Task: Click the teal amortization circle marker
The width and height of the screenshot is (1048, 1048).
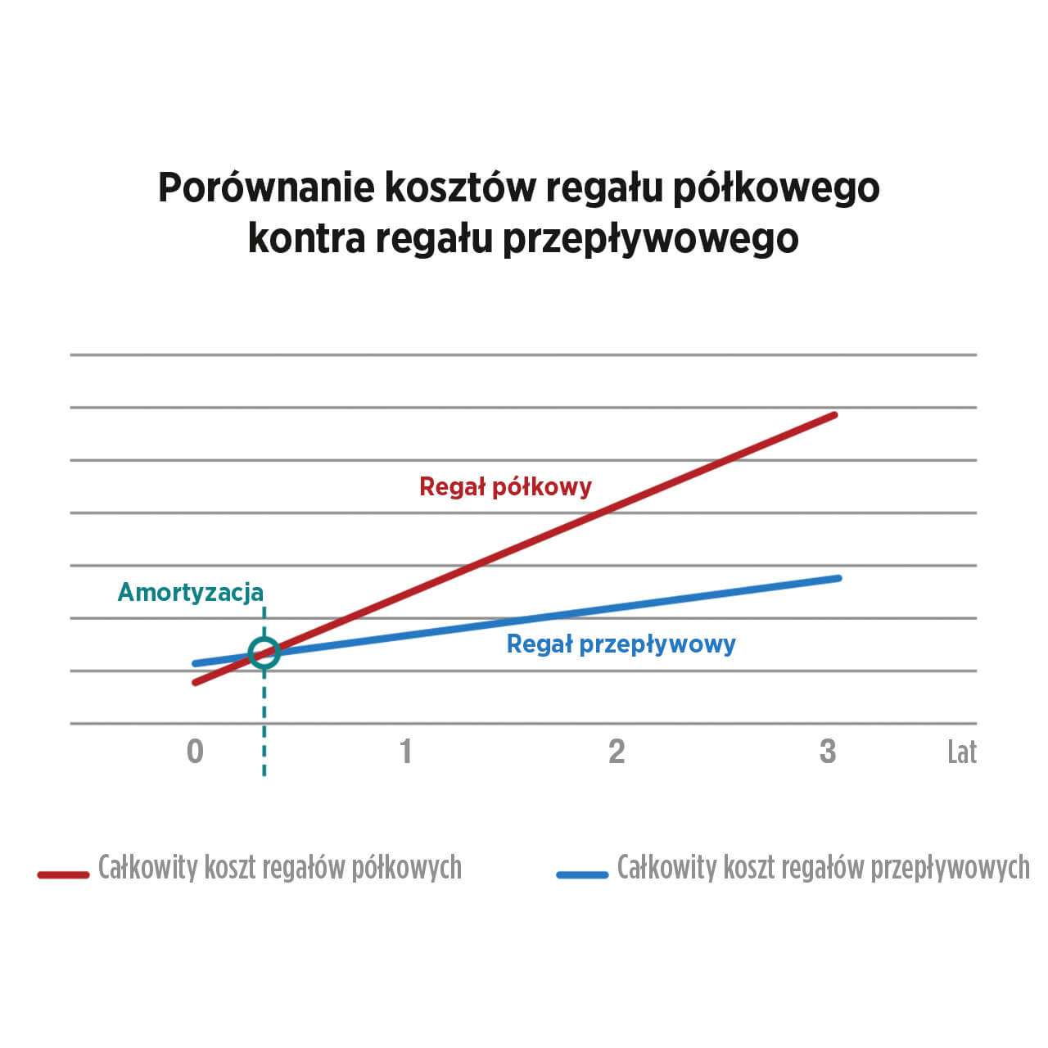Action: tap(264, 653)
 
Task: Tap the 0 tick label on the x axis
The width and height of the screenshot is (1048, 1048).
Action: tap(195, 751)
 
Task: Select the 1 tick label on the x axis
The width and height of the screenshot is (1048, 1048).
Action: tap(405, 751)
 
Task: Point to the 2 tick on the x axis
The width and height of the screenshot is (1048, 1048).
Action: tap(617, 751)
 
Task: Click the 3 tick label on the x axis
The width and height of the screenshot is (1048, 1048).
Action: tap(828, 751)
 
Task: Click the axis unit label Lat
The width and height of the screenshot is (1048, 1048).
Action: tap(961, 752)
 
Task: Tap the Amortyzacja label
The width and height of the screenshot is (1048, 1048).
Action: tap(191, 592)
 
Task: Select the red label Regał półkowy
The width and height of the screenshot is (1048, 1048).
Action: tap(505, 487)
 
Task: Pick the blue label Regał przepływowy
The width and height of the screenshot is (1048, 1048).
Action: tap(621, 644)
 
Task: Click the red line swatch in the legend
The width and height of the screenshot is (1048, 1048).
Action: tap(63, 874)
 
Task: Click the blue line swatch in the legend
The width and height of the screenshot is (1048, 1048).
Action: tap(582, 874)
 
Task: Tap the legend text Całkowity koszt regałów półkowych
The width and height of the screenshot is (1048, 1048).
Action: tap(279, 868)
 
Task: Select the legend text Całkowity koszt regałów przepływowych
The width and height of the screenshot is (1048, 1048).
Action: tap(823, 868)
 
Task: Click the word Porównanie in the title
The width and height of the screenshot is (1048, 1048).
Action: tap(265, 188)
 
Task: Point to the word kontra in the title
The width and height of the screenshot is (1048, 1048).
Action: tap(306, 238)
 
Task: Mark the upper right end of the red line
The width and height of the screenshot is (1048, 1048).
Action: tap(833, 415)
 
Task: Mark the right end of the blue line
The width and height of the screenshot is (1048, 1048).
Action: tap(838, 578)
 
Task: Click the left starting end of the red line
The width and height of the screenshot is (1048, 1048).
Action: tap(196, 682)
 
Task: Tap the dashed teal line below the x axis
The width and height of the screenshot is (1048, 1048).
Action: tap(264, 753)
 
